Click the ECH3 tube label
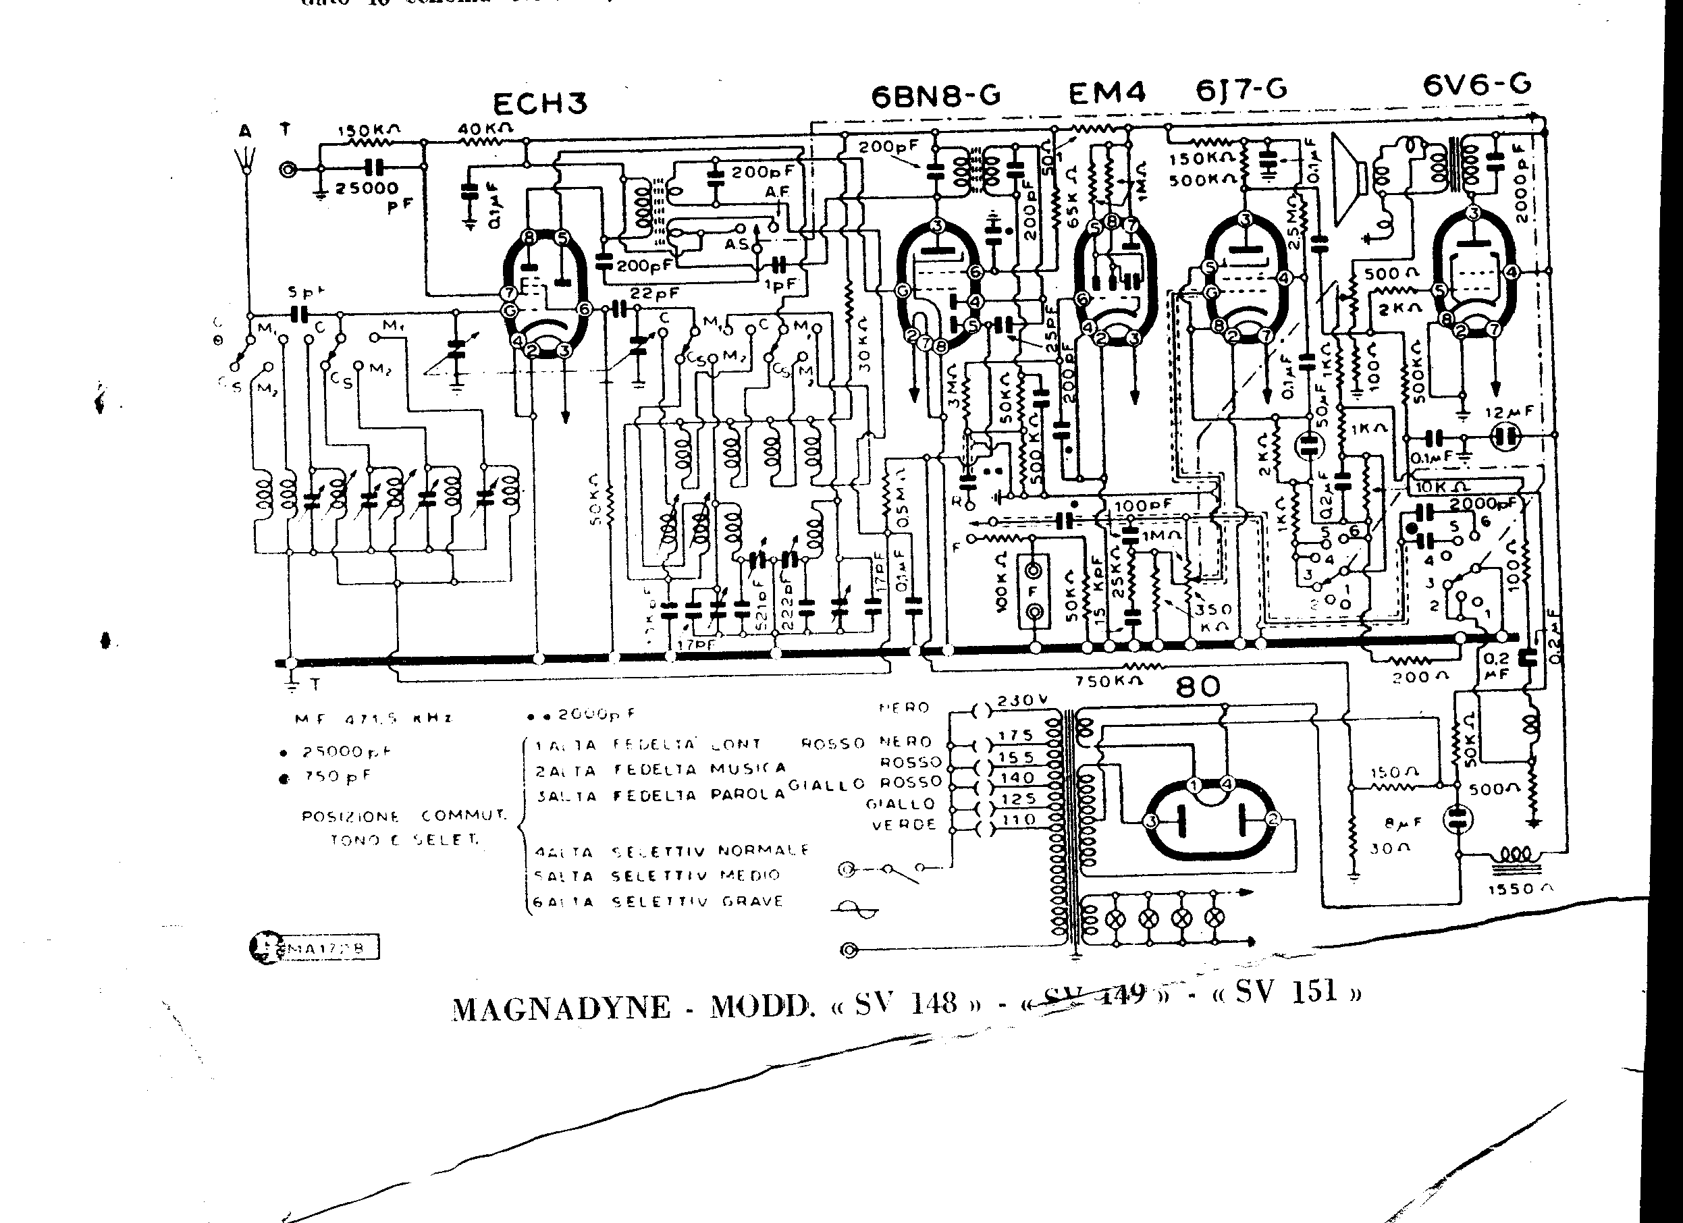[540, 104]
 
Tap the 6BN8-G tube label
[936, 96]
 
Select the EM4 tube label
[1107, 94]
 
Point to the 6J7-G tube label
[1241, 90]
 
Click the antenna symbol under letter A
[246, 157]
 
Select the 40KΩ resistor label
[485, 128]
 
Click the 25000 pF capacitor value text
[367, 188]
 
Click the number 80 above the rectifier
[1198, 686]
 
